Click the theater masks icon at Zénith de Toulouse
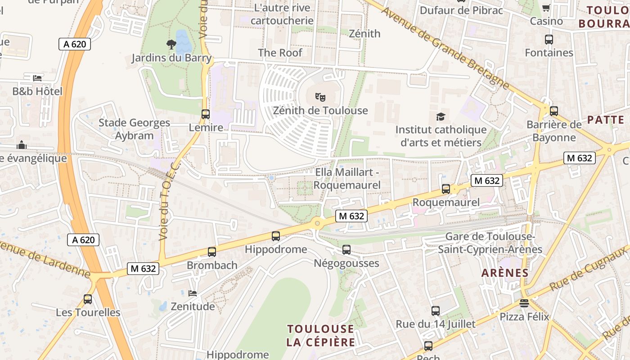(320, 96)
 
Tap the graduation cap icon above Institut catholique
(441, 117)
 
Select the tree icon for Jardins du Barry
(171, 44)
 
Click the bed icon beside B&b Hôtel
(37, 78)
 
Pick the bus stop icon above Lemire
(206, 114)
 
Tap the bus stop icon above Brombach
(212, 252)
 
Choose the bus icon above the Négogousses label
(346, 249)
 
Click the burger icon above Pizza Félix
(524, 303)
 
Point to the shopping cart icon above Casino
(546, 8)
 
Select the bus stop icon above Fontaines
(549, 40)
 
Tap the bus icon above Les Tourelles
(88, 299)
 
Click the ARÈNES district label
(505, 273)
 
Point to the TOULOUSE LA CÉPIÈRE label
(320, 335)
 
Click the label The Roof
(280, 53)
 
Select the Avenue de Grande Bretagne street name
(445, 47)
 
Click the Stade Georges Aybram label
(134, 129)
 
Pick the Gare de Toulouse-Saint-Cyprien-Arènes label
(490, 243)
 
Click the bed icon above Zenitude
(193, 293)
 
